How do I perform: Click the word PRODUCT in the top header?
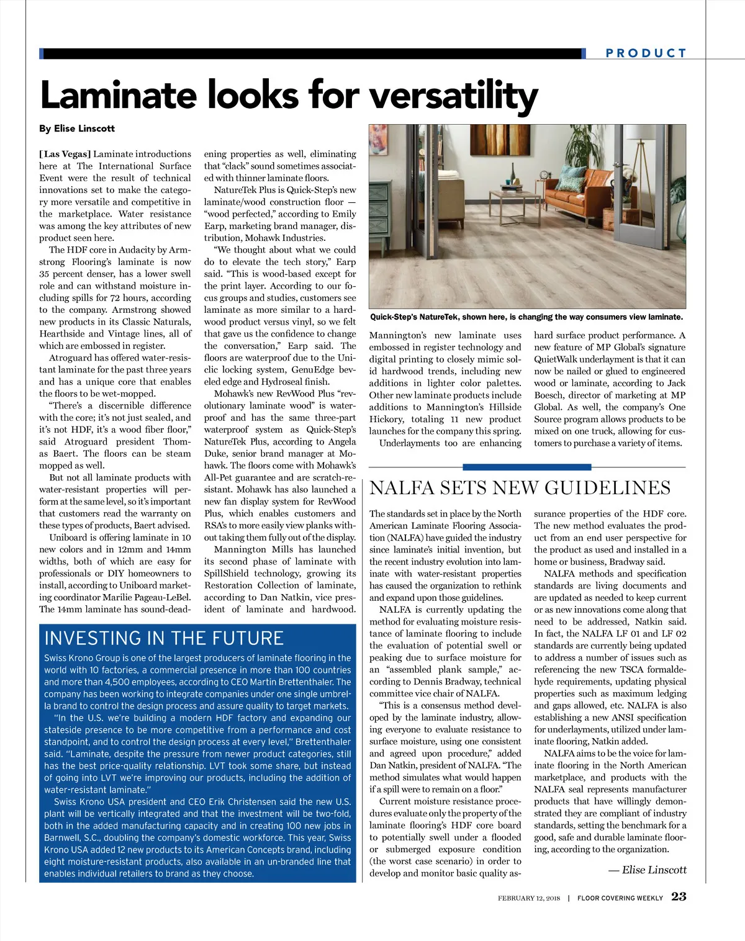click(646, 53)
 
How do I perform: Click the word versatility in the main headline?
click(454, 96)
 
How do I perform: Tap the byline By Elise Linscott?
click(77, 128)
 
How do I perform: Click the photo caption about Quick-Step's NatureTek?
click(526, 317)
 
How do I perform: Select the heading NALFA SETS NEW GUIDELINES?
click(520, 488)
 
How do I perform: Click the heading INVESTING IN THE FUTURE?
click(164, 639)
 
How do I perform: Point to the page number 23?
click(679, 897)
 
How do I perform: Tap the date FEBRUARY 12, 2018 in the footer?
click(529, 898)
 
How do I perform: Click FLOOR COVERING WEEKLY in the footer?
click(620, 898)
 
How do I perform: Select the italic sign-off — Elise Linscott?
click(648, 870)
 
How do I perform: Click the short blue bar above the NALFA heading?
click(526, 467)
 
